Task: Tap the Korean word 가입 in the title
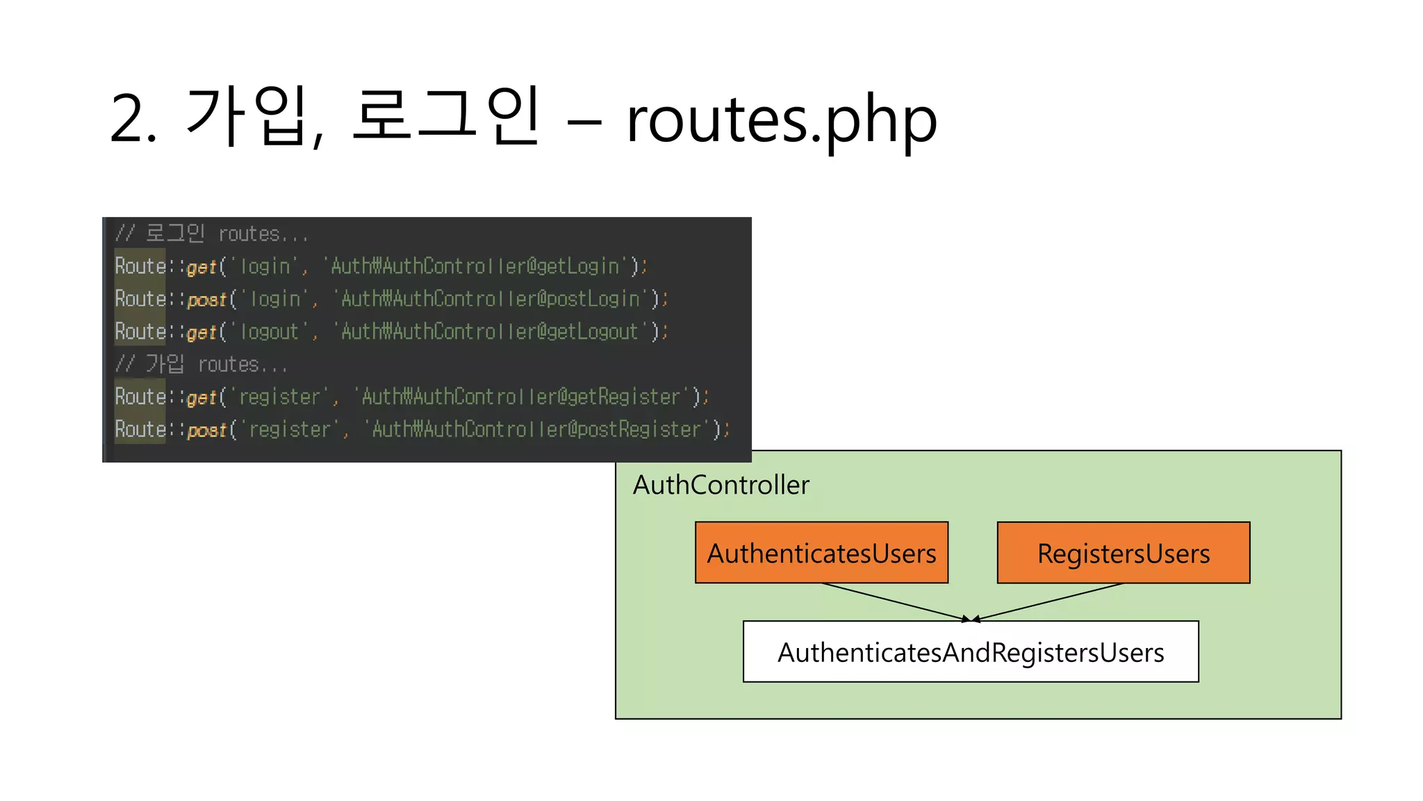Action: [247, 117]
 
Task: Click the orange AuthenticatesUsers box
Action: [821, 553]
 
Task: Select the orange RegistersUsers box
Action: [1123, 553]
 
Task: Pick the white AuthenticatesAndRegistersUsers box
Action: [970, 652]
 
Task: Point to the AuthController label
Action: [721, 485]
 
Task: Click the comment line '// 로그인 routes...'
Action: [211, 234]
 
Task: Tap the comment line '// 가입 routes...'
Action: [201, 364]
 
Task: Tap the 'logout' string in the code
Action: [269, 332]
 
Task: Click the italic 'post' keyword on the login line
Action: [207, 300]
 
